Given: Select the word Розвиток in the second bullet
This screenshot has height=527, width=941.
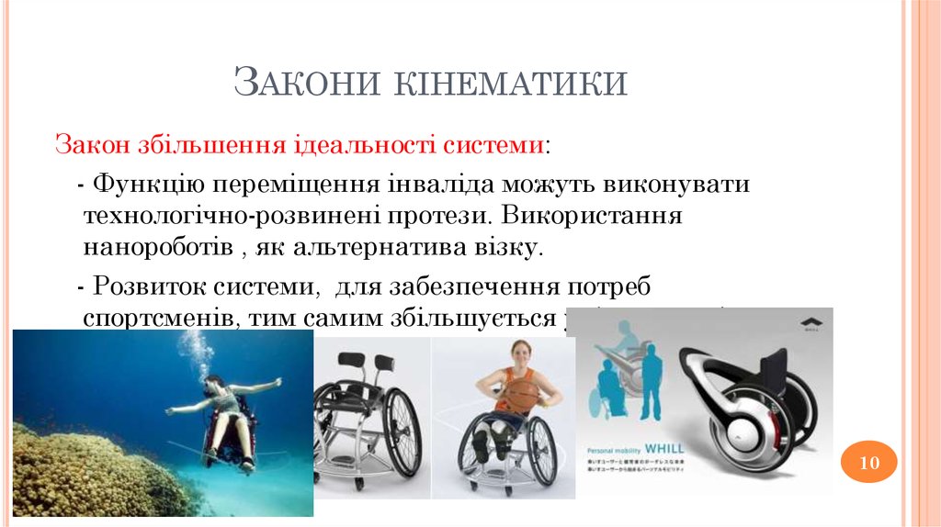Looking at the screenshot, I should click(x=149, y=286).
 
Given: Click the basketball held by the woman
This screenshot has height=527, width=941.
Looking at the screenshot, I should click(x=522, y=397).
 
